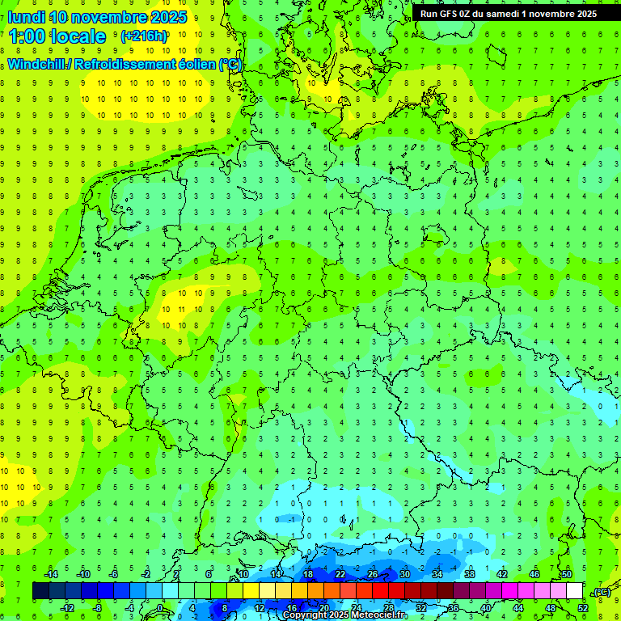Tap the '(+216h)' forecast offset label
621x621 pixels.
tap(144, 36)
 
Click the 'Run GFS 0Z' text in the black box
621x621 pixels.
tap(449, 13)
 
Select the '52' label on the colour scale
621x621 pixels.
tap(583, 608)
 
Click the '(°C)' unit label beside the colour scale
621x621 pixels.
tap(602, 591)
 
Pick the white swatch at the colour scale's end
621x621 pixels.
tap(575, 591)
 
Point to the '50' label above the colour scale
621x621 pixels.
tap(567, 574)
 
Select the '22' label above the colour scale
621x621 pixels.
tap(340, 574)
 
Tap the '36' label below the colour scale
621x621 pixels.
tap(454, 608)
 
